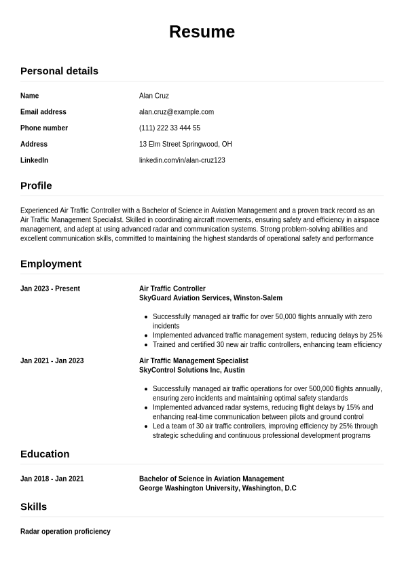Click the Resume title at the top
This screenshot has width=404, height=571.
pos(202,32)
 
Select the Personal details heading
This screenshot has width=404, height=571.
pos(59,71)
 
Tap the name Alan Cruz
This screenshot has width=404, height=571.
pos(153,96)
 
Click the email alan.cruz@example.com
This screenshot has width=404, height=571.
pos(176,112)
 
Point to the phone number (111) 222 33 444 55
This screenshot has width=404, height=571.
pos(169,128)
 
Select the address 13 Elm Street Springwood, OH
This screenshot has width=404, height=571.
pos(185,144)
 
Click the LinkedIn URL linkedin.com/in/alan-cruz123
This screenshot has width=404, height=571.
pos(182,160)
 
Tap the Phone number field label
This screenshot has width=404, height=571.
pos(44,128)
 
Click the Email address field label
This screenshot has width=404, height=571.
pos(43,112)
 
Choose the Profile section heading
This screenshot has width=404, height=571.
pos(36,185)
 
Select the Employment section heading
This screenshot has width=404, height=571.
pos(51,263)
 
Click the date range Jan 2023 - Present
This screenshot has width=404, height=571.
pos(50,289)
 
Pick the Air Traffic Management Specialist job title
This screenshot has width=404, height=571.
pos(194,361)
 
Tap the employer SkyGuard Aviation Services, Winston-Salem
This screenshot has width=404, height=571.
pos(210,298)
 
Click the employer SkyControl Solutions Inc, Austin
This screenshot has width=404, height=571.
pos(191,370)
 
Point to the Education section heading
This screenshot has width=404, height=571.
pos(45,454)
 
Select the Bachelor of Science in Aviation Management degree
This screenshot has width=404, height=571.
pos(211,479)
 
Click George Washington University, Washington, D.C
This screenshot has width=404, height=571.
pos(217,488)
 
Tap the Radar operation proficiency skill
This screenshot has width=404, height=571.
pos(65,532)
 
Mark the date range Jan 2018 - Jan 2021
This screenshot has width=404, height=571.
pos(52,479)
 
